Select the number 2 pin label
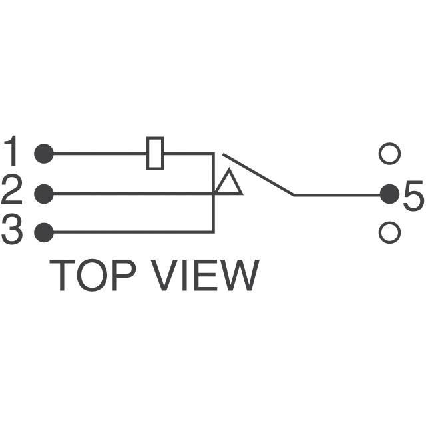pos(12,193)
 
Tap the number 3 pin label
pos(12,232)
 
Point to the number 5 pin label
pos(413,196)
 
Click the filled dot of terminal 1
pos(44,154)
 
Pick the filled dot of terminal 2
pos(44,194)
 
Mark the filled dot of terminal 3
pos(44,232)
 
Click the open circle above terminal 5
pos(389,154)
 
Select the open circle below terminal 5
pos(389,232)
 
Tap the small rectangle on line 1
pos(155,153)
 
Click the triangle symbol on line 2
pos(228,184)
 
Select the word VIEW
pos(202,275)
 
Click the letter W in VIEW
pos(238,275)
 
